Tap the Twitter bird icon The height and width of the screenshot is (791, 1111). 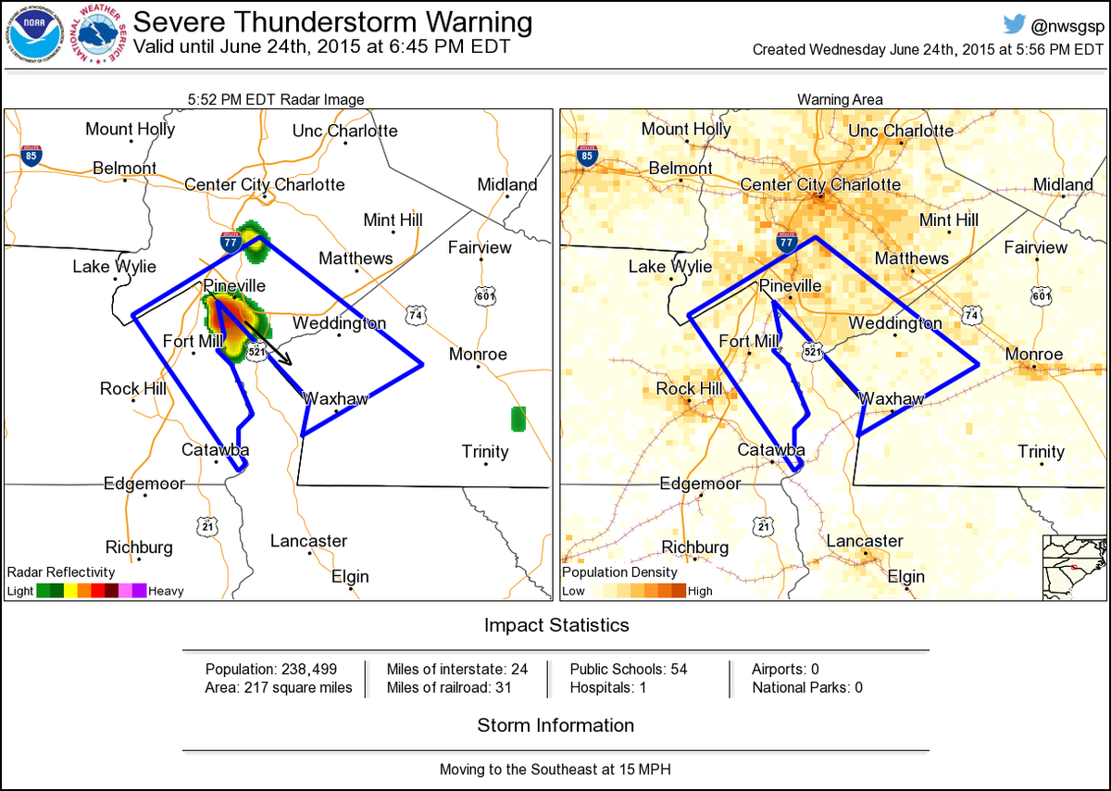pyautogui.click(x=1016, y=25)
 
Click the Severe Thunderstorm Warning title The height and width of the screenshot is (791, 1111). pyautogui.click(x=333, y=22)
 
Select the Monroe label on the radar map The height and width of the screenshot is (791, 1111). pyautogui.click(x=478, y=354)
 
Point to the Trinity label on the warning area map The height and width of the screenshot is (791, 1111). pyautogui.click(x=1041, y=452)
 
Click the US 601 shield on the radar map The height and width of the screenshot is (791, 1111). pyautogui.click(x=485, y=295)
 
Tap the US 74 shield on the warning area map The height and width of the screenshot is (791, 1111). pyautogui.click(x=970, y=315)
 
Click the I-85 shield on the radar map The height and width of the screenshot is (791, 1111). pyautogui.click(x=31, y=156)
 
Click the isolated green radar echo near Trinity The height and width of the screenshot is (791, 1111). pyautogui.click(x=518, y=419)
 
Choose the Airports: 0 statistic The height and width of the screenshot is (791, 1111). pyautogui.click(x=785, y=669)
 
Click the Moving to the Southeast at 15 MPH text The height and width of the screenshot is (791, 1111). pyautogui.click(x=555, y=770)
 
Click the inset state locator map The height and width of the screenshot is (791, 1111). pyautogui.click(x=1073, y=567)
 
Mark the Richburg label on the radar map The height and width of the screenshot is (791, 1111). pyautogui.click(x=139, y=546)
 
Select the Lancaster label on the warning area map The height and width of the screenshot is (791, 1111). pyautogui.click(x=864, y=541)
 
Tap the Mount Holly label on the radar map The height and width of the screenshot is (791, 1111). pyautogui.click(x=130, y=129)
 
